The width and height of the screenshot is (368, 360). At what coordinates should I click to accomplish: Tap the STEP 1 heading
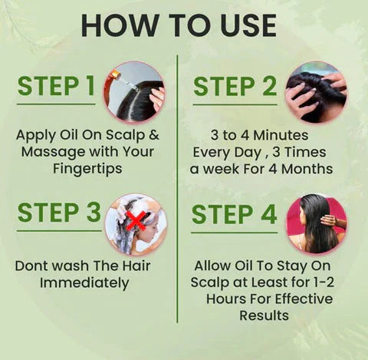(x=57, y=87)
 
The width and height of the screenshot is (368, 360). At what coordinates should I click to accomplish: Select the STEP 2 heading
(x=235, y=87)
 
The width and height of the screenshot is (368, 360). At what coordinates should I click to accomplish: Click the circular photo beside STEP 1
(x=134, y=92)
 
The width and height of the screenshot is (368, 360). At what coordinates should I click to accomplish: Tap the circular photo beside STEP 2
(x=316, y=92)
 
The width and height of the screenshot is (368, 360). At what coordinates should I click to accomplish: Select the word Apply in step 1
(x=35, y=134)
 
